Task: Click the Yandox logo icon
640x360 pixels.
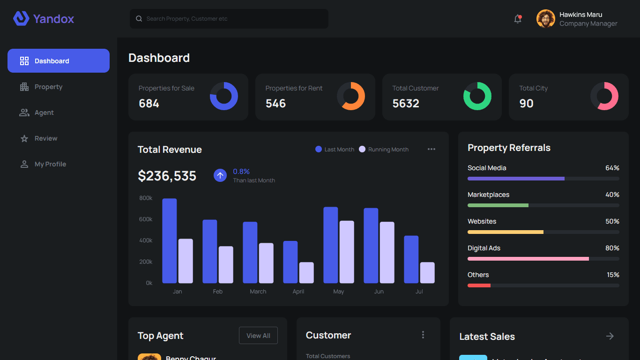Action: click(x=21, y=19)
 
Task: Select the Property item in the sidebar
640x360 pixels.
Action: click(x=48, y=87)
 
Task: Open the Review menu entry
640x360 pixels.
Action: click(x=45, y=138)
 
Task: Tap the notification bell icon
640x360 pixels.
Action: click(x=518, y=19)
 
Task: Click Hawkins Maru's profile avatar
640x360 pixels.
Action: click(x=545, y=19)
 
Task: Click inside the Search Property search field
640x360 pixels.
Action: click(x=230, y=19)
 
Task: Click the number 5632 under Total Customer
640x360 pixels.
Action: click(x=406, y=104)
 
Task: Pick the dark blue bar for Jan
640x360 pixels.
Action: click(x=170, y=241)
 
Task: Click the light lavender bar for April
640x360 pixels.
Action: click(x=306, y=273)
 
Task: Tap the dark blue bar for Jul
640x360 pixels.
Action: click(x=411, y=259)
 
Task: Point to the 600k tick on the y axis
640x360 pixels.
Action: click(x=146, y=219)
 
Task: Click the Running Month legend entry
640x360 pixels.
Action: click(x=384, y=150)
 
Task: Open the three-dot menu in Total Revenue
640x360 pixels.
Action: click(x=432, y=149)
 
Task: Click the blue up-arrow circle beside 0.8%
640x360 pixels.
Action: click(x=220, y=175)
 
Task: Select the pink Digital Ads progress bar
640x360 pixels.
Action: click(x=528, y=259)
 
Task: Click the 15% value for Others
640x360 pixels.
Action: click(x=613, y=275)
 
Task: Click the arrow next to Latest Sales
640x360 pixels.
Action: click(x=610, y=336)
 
